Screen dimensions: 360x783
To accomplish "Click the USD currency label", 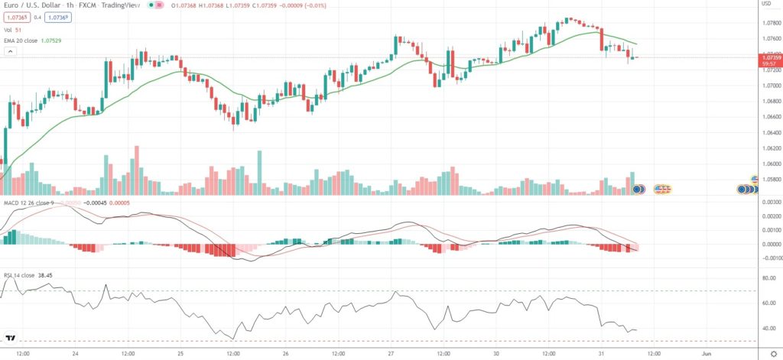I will (x=766, y=4).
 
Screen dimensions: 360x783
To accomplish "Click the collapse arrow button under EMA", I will (x=11, y=51).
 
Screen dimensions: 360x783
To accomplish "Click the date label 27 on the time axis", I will (x=390, y=354).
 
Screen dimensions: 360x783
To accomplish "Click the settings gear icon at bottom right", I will (x=772, y=354).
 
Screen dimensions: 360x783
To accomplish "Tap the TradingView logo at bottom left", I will (x=11, y=338).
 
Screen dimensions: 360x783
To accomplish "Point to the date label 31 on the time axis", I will (x=600, y=354).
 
